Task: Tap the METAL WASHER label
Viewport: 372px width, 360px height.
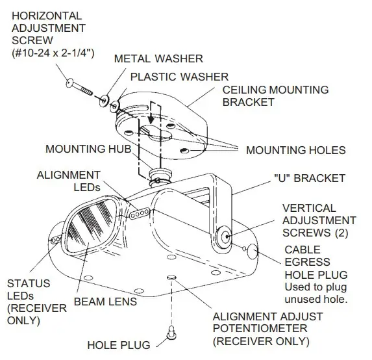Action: click(158, 59)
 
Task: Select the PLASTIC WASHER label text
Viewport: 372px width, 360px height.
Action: click(179, 77)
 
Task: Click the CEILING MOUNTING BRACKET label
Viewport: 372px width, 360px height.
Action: click(275, 96)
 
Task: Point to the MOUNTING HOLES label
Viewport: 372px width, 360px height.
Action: click(295, 150)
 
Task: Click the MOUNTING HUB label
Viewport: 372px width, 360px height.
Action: click(88, 149)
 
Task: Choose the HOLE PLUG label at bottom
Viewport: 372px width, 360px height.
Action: click(118, 344)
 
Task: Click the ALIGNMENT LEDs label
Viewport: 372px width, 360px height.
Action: click(68, 181)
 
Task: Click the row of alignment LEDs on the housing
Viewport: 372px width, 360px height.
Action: click(139, 212)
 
